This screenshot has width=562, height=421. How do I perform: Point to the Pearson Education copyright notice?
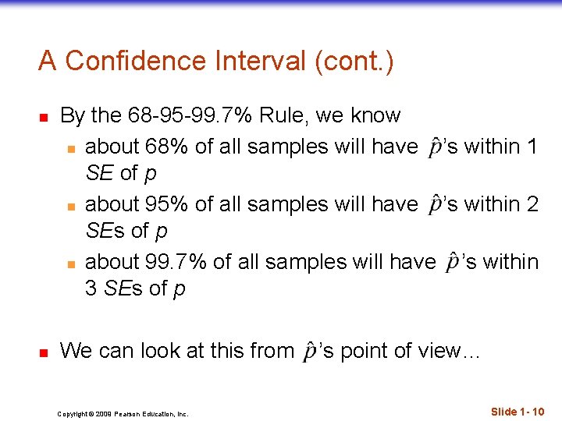click(123, 414)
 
